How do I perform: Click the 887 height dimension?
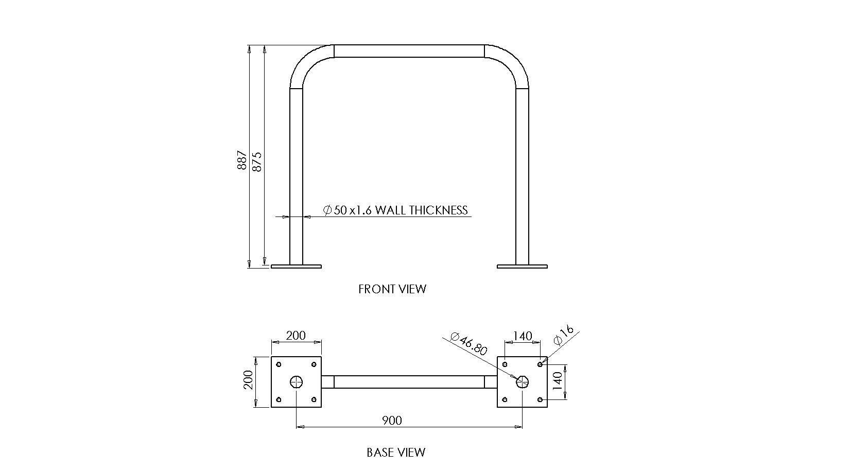[242, 161]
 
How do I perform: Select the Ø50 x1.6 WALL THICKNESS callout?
[395, 210]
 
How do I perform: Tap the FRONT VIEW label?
[392, 289]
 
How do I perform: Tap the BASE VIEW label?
[396, 453]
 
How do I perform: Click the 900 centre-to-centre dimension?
[392, 421]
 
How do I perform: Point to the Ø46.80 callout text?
[468, 343]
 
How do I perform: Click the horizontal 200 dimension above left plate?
[296, 336]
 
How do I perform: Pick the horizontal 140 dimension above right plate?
[522, 336]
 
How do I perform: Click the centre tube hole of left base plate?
[297, 382]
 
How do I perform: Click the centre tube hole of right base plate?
[522, 382]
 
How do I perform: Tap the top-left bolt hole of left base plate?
[279, 364]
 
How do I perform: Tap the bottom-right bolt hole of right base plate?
[540, 399]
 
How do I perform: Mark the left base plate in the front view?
[296, 266]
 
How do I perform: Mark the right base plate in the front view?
[522, 266]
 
